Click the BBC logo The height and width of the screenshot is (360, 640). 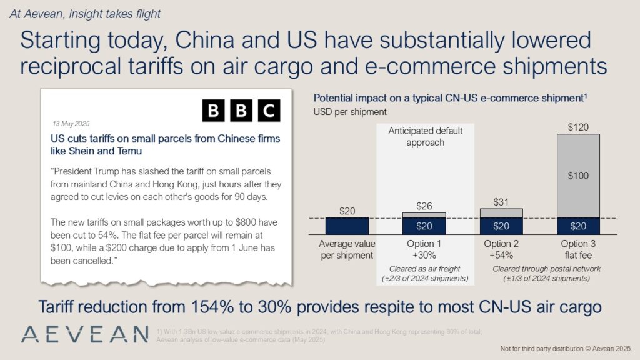click(x=241, y=111)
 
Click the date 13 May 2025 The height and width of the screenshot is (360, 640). click(x=71, y=124)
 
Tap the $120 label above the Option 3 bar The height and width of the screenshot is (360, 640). click(x=578, y=127)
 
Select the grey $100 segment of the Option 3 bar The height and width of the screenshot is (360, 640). click(x=578, y=176)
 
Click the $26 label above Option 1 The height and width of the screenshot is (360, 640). click(x=424, y=206)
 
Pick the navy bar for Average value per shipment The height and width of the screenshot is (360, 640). click(x=347, y=225)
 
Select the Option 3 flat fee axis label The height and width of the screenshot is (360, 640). click(x=578, y=249)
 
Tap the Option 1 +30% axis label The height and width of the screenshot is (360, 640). click(x=424, y=249)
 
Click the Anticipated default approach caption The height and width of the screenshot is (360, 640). click(x=425, y=136)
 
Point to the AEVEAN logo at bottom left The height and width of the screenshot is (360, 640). click(x=84, y=333)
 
